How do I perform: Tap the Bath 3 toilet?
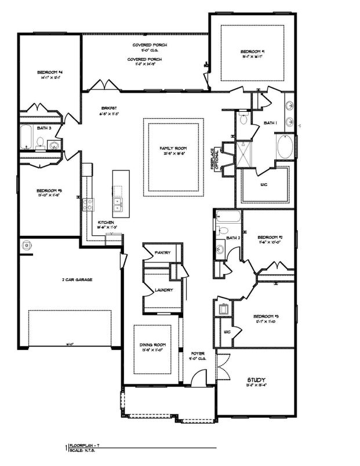41,141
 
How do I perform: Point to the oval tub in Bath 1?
285,147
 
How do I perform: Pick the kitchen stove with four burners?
89,204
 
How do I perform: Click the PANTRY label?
161,253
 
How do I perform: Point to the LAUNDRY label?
163,290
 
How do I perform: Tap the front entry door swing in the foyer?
198,380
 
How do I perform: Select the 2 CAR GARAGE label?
78,279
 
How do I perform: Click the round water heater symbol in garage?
26,246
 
